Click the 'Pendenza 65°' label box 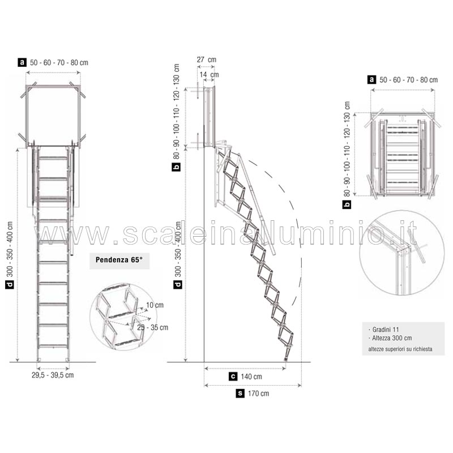coord(119,260)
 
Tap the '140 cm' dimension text coord(251,377)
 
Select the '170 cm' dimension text coord(258,394)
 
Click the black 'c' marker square coord(233,377)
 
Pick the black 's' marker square coord(240,393)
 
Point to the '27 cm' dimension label coord(206,60)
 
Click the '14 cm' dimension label coord(209,75)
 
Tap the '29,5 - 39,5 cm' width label coord(53,375)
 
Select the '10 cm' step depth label coord(155,305)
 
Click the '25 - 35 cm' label coord(152,328)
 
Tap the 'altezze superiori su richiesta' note coord(400,349)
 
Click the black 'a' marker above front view coord(22,62)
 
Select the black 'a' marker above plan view coord(371,79)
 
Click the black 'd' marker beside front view coord(10,284)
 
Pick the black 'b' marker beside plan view coord(347,204)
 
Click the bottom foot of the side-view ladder coord(286,358)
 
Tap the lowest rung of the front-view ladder coord(53,346)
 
